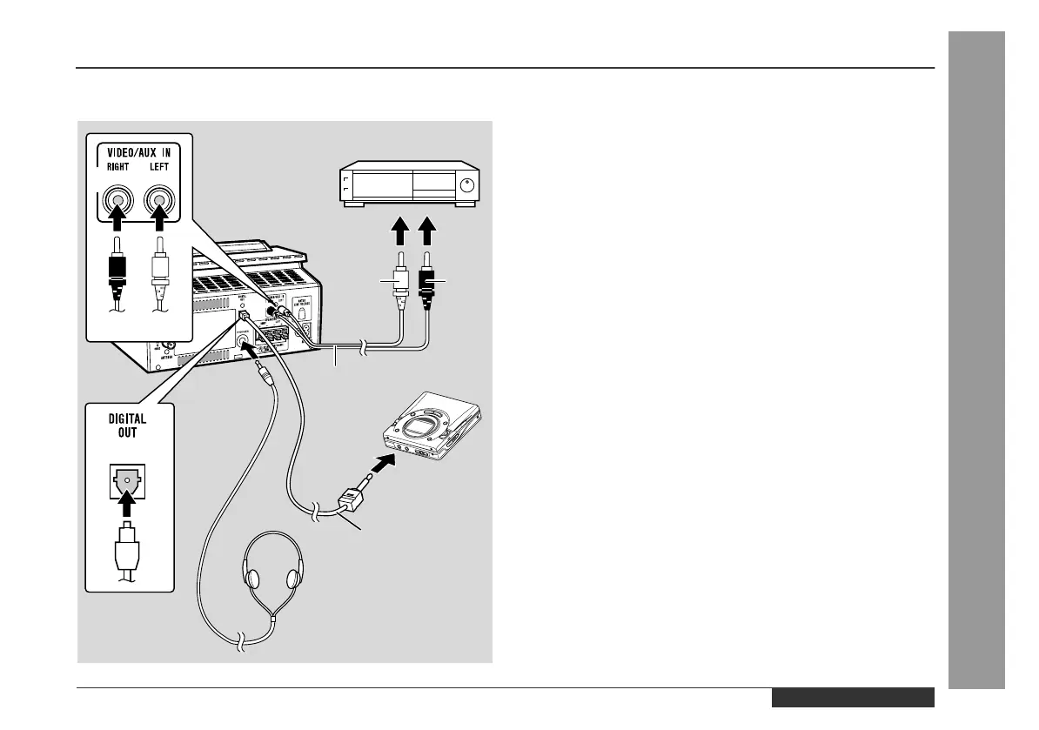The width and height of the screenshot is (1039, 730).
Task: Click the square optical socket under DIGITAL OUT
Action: coord(128,479)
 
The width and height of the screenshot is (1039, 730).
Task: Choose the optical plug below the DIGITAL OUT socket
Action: coord(128,548)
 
